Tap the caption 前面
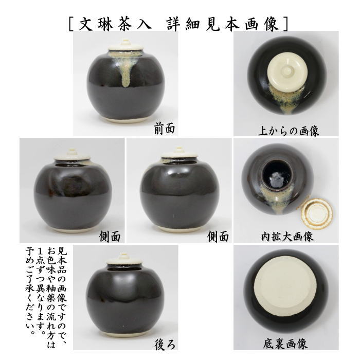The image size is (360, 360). click(x=164, y=129)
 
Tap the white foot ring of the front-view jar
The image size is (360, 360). click(x=125, y=119)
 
